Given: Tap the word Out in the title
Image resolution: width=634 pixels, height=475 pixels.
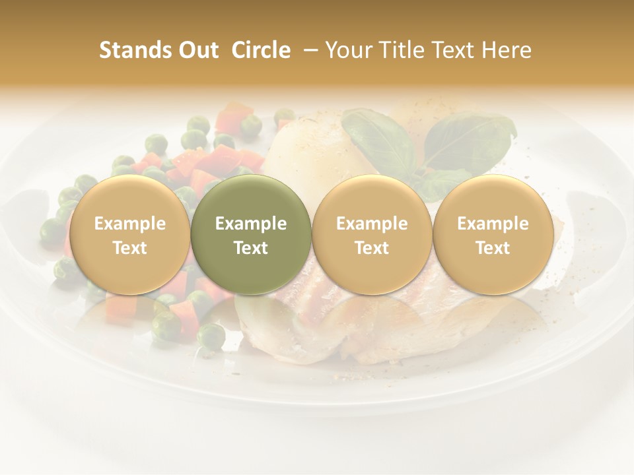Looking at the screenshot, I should [197, 50].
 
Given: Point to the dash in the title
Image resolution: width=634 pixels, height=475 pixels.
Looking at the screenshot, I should [307, 50].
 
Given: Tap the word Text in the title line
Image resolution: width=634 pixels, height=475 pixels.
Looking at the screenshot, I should [448, 50].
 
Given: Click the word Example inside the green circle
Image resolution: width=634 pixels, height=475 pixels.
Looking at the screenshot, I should [251, 224].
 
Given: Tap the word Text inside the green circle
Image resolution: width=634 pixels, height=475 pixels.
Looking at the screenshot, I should [251, 248].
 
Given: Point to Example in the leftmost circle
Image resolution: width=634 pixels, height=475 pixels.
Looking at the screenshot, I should [130, 224].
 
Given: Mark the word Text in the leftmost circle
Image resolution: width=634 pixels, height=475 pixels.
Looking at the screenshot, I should [130, 248].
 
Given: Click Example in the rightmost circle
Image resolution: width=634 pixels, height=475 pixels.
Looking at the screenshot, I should [493, 224].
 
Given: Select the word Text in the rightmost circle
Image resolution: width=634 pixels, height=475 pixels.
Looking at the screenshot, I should [493, 248].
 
